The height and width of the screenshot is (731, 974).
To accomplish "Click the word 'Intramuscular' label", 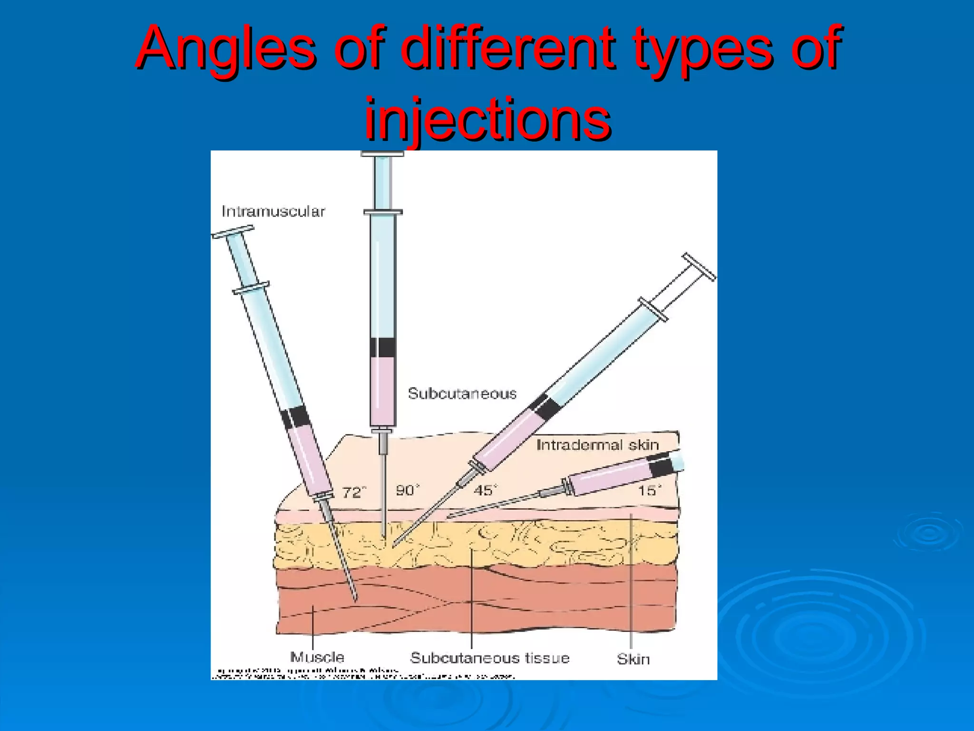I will (273, 211).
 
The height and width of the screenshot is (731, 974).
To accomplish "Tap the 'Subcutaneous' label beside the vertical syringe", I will (462, 394).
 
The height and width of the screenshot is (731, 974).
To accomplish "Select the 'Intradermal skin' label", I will (597, 445).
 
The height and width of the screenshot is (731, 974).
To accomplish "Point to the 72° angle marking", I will (354, 492).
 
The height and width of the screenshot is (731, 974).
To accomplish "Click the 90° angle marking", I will (408, 490).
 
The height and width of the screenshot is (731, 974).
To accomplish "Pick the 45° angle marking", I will (485, 490).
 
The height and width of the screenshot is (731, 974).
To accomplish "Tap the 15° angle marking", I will (649, 490).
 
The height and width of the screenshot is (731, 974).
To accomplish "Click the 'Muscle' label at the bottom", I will (317, 657).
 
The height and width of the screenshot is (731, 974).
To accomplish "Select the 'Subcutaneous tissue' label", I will (489, 658).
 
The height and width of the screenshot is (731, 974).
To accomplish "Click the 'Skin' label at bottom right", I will (633, 659).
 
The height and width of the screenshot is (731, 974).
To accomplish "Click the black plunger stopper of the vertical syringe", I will (383, 347).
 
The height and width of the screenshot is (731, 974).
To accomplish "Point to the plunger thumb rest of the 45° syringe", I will (699, 267).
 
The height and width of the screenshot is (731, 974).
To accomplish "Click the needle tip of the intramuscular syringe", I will (355, 599).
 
